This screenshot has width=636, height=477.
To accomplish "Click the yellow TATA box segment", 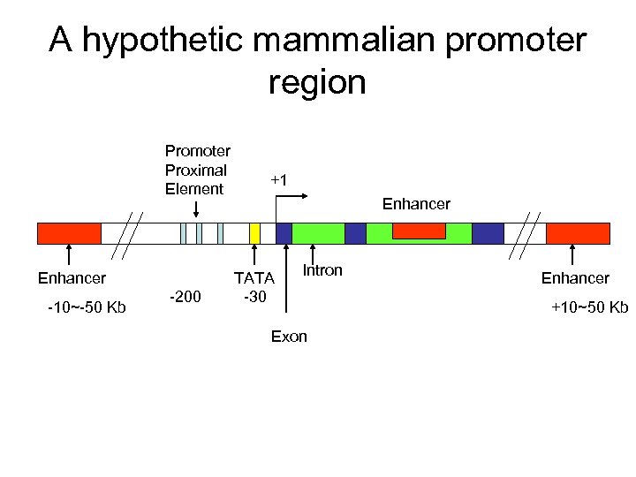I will pyautogui.click(x=254, y=233).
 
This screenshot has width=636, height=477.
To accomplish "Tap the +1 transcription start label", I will pyautogui.click(x=279, y=180).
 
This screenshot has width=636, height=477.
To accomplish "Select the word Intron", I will pyautogui.click(x=322, y=270).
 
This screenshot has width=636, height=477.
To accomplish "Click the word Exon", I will pyautogui.click(x=289, y=337).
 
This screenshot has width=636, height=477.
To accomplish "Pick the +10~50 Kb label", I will pyautogui.click(x=589, y=307).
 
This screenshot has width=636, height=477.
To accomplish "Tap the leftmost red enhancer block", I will pyautogui.click(x=69, y=233).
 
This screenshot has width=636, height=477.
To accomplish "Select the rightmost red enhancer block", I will pyautogui.click(x=578, y=233).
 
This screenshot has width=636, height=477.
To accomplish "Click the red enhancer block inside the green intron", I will pyautogui.click(x=419, y=231).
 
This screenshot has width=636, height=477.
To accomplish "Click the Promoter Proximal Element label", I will pyautogui.click(x=197, y=170).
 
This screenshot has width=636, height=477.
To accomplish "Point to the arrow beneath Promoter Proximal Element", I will pyautogui.click(x=196, y=209).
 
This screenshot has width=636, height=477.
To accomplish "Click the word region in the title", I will pyautogui.click(x=316, y=83).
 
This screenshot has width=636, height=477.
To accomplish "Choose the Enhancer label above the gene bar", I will pyautogui.click(x=416, y=204).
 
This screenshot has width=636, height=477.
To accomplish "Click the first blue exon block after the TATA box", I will pyautogui.click(x=284, y=233).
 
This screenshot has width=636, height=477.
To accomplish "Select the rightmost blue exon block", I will pyautogui.click(x=488, y=233).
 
